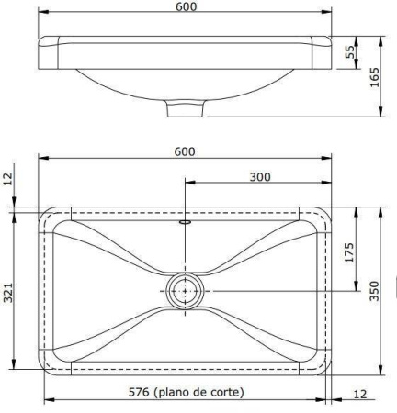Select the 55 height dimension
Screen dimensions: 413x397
pos(350,53)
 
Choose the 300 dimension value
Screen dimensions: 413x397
pos(259,177)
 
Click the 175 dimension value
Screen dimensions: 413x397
pos(350,252)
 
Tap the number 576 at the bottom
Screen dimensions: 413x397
pos(140,392)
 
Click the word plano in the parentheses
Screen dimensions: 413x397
pos(176,392)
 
